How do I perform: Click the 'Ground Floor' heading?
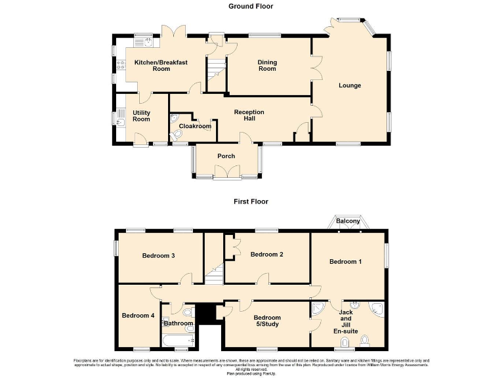(x=251, y=6)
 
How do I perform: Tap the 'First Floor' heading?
(x=251, y=201)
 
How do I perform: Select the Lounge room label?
(x=350, y=85)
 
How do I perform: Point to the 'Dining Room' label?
(x=267, y=66)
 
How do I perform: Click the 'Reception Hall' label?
(x=249, y=116)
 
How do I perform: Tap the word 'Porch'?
(x=226, y=156)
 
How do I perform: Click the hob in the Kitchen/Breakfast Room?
(x=121, y=65)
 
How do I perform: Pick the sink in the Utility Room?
(x=121, y=119)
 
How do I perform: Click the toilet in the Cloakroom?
(x=174, y=136)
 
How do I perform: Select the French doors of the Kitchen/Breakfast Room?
(x=174, y=31)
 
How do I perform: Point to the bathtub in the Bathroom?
(x=177, y=341)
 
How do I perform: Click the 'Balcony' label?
(x=348, y=221)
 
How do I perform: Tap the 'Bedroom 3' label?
(x=158, y=256)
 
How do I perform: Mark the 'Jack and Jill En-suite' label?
(x=346, y=322)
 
